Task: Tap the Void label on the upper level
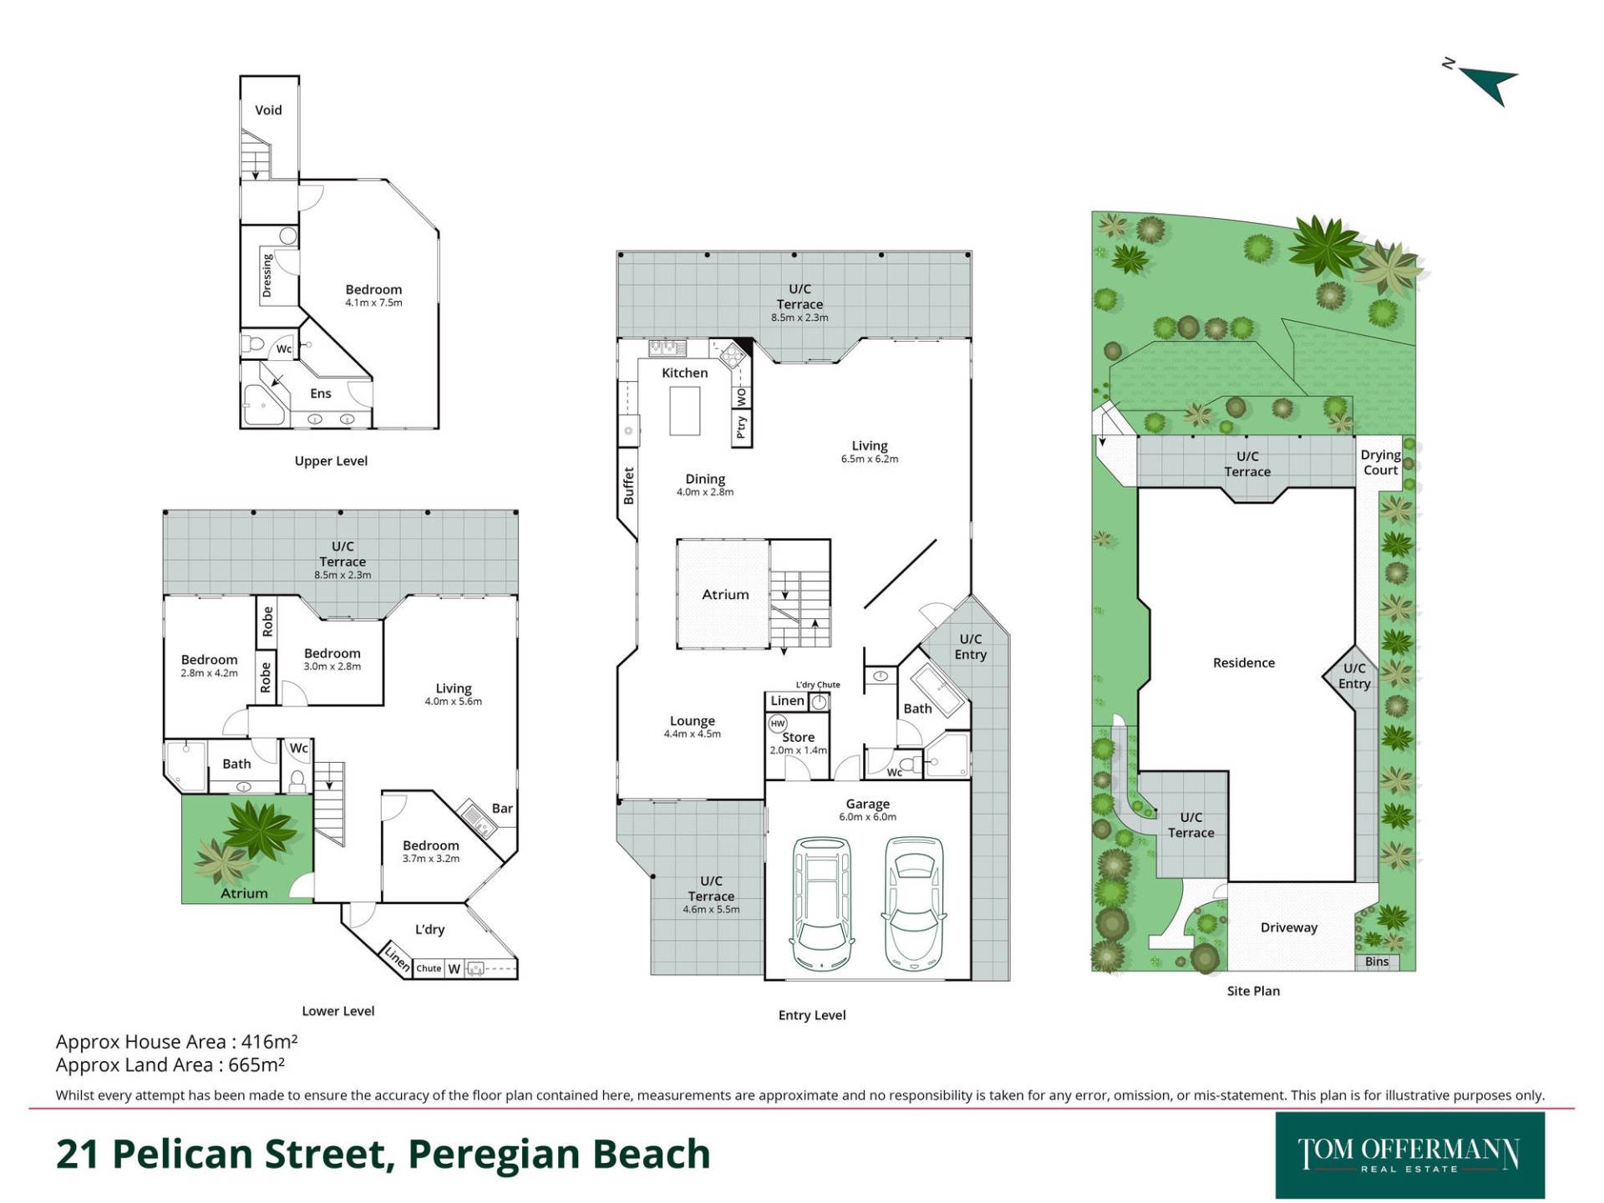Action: pyautogui.click(x=268, y=109)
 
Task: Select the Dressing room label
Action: pyautogui.click(x=266, y=275)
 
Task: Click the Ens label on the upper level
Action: pyautogui.click(x=321, y=393)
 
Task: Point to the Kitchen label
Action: pyautogui.click(x=684, y=373)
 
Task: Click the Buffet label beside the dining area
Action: pyautogui.click(x=628, y=485)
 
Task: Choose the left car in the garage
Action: pyautogui.click(x=822, y=902)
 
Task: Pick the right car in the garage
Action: pyautogui.click(x=915, y=902)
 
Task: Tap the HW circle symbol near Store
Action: pyautogui.click(x=778, y=723)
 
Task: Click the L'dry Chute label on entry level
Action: pyautogui.click(x=818, y=685)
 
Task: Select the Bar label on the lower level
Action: pyautogui.click(x=502, y=808)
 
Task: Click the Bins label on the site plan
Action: pyautogui.click(x=1377, y=962)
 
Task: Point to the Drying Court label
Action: pyautogui.click(x=1380, y=462)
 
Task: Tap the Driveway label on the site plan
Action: pyautogui.click(x=1288, y=927)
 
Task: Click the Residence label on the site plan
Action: pyautogui.click(x=1244, y=662)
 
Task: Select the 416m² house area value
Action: pyautogui.click(x=269, y=1041)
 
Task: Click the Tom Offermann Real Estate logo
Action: pyautogui.click(x=1409, y=1155)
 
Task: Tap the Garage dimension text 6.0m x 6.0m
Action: pyautogui.click(x=867, y=817)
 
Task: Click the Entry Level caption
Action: pyautogui.click(x=812, y=1015)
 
